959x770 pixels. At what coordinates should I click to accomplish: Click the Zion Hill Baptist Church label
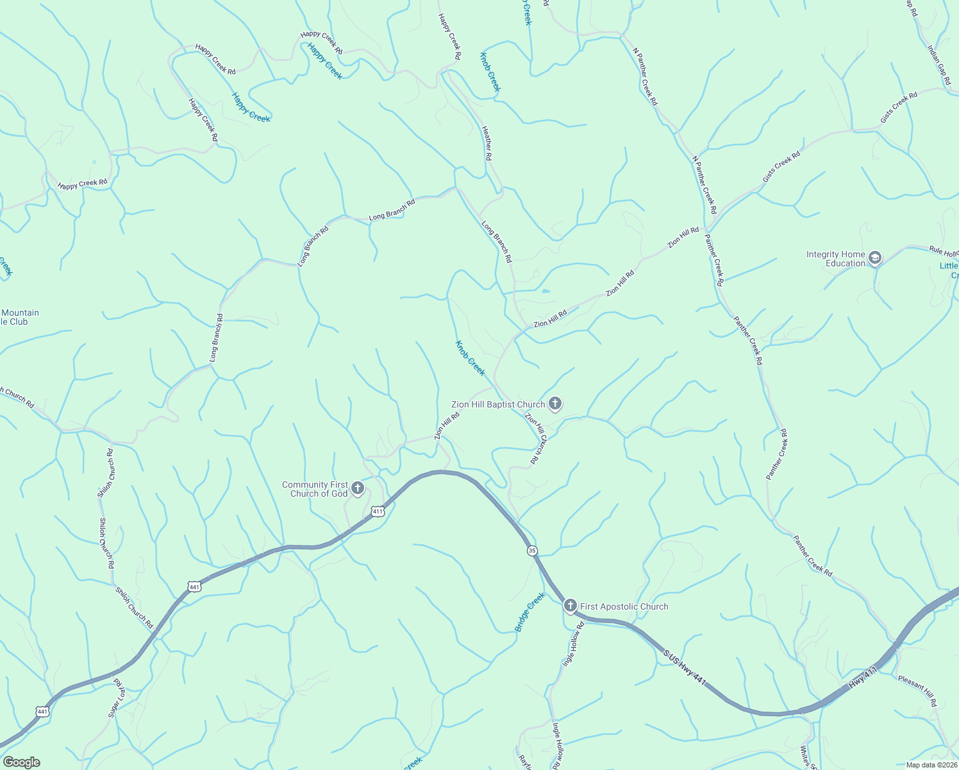tap(497, 404)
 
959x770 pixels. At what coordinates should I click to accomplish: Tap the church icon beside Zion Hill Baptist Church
tap(555, 404)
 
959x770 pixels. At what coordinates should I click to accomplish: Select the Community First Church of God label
tap(315, 489)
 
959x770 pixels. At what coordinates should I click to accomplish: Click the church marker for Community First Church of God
tap(358, 489)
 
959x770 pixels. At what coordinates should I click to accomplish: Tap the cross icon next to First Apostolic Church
tap(570, 605)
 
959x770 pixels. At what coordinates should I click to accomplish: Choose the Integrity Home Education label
tap(835, 259)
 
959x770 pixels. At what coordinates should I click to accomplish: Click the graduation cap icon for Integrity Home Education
tap(875, 259)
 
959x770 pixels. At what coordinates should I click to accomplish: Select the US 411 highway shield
tap(377, 511)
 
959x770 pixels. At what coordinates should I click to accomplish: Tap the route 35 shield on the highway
tap(532, 551)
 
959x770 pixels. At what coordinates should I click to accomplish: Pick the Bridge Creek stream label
tap(530, 612)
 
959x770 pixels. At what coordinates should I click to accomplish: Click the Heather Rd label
tap(487, 142)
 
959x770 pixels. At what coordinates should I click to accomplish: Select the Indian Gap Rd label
tap(937, 58)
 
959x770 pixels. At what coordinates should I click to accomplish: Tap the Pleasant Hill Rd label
tap(917, 690)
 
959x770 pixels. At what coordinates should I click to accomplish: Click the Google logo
tap(21, 762)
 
